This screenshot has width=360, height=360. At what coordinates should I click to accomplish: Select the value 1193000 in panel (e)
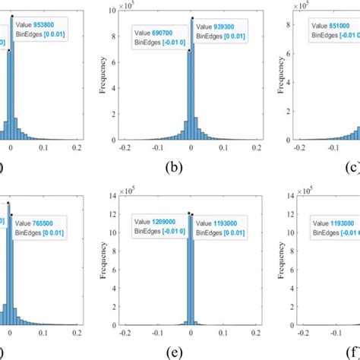(225, 224)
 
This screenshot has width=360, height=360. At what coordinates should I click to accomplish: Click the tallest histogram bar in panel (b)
(192, 84)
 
